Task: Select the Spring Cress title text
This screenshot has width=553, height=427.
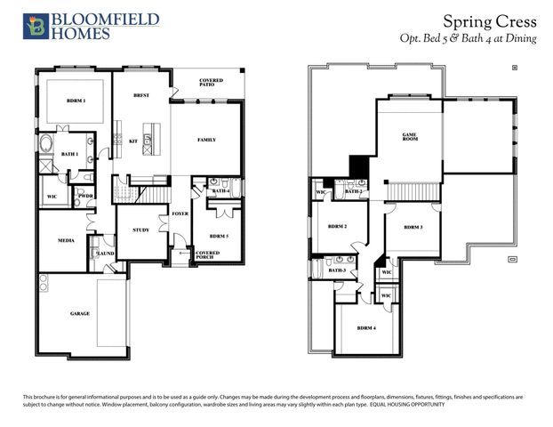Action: pyautogui.click(x=485, y=20)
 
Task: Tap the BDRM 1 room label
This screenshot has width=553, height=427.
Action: pyautogui.click(x=76, y=101)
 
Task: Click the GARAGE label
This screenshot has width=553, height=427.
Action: pyautogui.click(x=80, y=314)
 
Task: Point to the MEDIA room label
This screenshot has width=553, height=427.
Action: pyautogui.click(x=66, y=240)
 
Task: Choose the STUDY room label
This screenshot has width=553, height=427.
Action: pyautogui.click(x=140, y=230)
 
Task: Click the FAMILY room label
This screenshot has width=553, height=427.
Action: pyautogui.click(x=206, y=141)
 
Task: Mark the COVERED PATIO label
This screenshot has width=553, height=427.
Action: pyautogui.click(x=211, y=83)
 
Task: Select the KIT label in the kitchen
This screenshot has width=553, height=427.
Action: pyautogui.click(x=132, y=141)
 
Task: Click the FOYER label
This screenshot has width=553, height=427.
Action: pyautogui.click(x=180, y=213)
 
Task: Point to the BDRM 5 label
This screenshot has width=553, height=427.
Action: pyautogui.click(x=219, y=236)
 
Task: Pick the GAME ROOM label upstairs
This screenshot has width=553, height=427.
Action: pyautogui.click(x=409, y=137)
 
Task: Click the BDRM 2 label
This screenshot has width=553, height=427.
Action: pyautogui.click(x=337, y=227)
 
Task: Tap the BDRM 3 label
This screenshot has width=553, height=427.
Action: pyautogui.click(x=413, y=228)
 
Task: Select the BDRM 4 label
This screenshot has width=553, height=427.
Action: pyautogui.click(x=366, y=328)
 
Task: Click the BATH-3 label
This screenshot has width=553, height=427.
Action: pyautogui.click(x=337, y=270)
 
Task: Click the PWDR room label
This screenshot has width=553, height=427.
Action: pyautogui.click(x=85, y=196)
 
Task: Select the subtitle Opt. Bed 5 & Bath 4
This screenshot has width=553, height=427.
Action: pyautogui.click(x=469, y=39)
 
